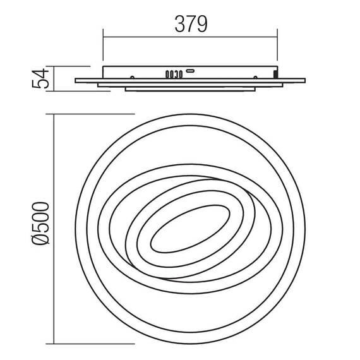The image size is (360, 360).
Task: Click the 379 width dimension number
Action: click(191, 24)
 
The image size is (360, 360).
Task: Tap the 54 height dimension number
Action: click(40, 78)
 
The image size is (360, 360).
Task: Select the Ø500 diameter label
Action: click(40, 224)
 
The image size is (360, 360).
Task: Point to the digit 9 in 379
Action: click(202, 24)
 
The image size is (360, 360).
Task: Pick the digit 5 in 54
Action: click(40, 83)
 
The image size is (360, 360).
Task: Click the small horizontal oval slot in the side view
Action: click(190, 71)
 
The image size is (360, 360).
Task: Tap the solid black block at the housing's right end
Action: click(275, 74)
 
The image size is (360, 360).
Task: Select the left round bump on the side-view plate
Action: click(132, 78)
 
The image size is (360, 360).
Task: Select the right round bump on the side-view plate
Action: click(255, 78)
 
